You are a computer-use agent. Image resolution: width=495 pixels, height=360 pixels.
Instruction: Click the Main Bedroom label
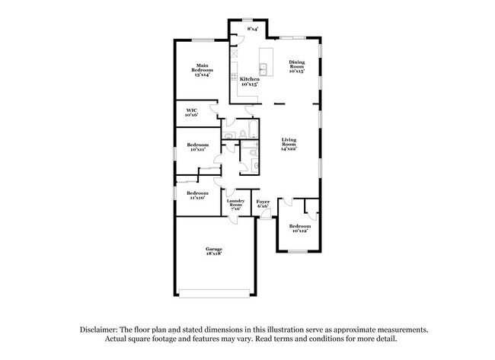coord(202,69)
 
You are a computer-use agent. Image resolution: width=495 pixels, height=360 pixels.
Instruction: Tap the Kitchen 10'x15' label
coord(249,81)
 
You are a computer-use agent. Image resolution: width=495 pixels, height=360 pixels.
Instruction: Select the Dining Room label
coord(297,66)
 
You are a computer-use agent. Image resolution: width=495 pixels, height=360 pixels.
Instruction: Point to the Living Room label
coord(289,143)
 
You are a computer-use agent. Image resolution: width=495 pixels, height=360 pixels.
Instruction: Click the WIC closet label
coord(192,113)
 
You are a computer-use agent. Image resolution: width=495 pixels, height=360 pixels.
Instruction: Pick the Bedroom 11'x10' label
coord(197,195)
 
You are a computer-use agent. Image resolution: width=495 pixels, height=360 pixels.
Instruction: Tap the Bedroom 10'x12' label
coord(299,228)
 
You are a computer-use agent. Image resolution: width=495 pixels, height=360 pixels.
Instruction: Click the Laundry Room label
coord(235,204)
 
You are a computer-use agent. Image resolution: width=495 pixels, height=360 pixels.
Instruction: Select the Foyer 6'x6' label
coord(263,204)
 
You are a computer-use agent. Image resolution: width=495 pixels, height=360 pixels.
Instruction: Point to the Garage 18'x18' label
coord(213,250)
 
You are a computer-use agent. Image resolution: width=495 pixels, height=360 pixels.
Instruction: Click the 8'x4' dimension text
coord(253,29)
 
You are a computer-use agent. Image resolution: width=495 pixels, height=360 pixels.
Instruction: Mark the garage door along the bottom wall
coord(214,294)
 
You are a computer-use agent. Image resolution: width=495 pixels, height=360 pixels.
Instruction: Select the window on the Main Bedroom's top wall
coord(202,40)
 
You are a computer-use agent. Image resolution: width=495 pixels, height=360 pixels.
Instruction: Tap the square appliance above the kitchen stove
coord(235,55)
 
